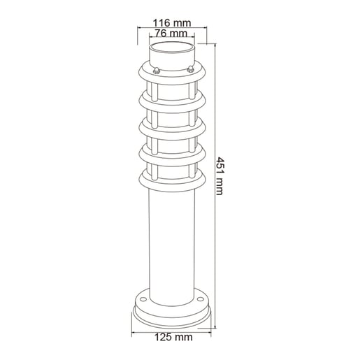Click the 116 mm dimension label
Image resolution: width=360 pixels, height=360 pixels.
click(x=172, y=23)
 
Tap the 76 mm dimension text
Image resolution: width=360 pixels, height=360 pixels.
click(x=171, y=33)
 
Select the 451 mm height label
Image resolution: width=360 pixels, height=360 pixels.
click(x=219, y=176)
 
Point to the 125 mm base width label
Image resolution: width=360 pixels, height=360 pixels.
click(x=174, y=337)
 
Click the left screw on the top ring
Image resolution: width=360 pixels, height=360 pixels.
click(x=156, y=70)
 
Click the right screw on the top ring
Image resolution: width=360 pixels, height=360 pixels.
click(x=191, y=69)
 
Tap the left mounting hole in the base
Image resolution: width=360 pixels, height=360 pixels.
click(x=143, y=299)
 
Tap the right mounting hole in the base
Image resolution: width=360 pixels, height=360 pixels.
click(x=200, y=298)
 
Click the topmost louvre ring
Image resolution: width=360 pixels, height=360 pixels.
click(x=172, y=78)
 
